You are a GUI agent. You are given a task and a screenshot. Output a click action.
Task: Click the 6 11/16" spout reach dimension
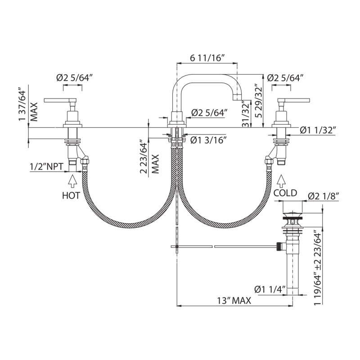(207, 58)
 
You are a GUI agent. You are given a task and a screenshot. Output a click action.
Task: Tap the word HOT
(71, 195)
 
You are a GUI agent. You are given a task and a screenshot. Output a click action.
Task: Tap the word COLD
(285, 193)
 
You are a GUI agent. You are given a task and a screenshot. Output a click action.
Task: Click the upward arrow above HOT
(72, 182)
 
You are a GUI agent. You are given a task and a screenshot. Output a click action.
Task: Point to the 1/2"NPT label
(46, 166)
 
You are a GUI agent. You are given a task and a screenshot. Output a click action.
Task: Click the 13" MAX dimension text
(234, 300)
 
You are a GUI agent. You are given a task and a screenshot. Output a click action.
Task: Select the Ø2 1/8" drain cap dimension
(324, 196)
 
